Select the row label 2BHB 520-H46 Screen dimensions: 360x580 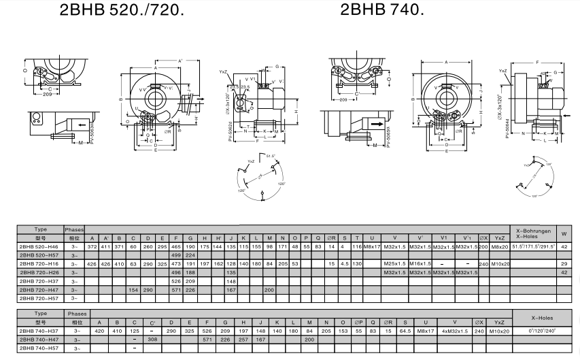coord(40,246)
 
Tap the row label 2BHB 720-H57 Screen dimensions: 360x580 coord(40,298)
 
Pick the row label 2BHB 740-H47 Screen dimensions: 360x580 coord(40,339)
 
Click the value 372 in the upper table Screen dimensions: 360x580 coord(92,246)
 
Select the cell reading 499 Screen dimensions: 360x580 coord(176,255)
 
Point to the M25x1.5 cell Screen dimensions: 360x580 coord(394,263)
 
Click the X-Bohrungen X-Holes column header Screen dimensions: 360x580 coord(532,233)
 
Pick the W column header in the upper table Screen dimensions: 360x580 coord(564,233)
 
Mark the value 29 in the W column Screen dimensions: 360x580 coord(564,263)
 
